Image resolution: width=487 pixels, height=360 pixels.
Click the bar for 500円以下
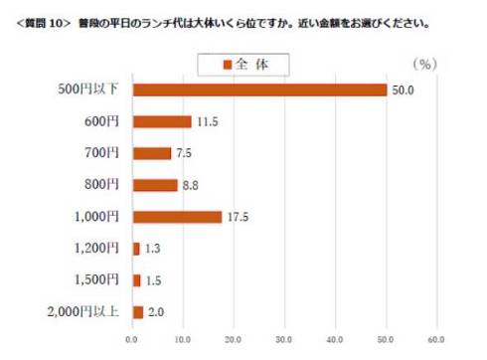(x=259, y=90)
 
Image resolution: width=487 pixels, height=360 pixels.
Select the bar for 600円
(x=162, y=121)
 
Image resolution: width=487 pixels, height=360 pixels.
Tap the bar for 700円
(x=152, y=153)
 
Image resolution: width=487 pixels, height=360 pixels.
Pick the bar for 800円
(x=155, y=185)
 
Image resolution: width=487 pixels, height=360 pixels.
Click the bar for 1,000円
(x=177, y=217)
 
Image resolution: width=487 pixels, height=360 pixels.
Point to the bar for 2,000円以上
(x=138, y=312)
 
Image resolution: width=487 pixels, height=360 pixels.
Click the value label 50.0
(x=403, y=90)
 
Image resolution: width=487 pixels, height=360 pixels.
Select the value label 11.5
(x=206, y=121)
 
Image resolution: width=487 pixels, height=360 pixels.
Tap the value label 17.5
(x=237, y=217)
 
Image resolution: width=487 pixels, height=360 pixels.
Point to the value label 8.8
(x=190, y=185)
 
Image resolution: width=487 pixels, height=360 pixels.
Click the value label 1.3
(x=153, y=249)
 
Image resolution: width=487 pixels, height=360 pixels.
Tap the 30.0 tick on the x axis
(x=285, y=340)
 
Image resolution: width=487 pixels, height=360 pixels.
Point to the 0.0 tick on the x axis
(x=132, y=340)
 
